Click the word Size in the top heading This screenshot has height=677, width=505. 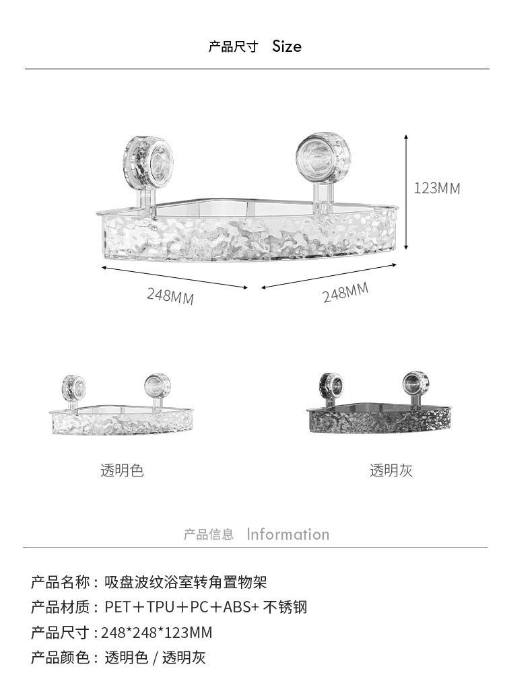287,46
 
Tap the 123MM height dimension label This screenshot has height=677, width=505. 437,188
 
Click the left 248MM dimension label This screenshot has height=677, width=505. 170,295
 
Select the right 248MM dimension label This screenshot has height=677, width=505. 345,293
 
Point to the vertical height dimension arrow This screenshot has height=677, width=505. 406,192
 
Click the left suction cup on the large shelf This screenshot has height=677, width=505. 148,162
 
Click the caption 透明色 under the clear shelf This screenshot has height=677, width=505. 122,470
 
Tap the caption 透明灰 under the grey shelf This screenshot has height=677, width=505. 391,470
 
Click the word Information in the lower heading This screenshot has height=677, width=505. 288,534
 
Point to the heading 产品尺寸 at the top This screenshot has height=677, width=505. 233,46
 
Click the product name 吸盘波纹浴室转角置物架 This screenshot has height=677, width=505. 186,582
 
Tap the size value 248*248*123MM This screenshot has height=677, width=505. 156,633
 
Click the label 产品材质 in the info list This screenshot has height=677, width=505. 61,607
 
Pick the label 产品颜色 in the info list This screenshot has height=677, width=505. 61,657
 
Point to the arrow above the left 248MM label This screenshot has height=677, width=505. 175,277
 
